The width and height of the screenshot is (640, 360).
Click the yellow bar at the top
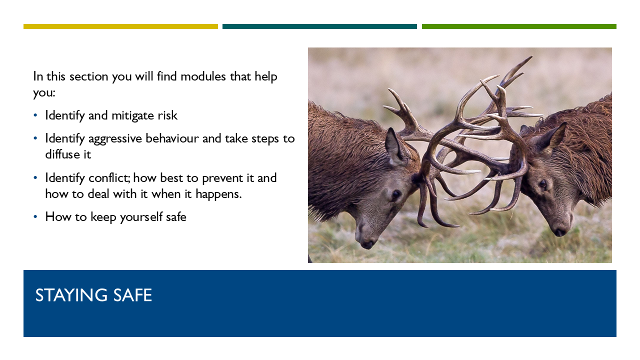[120, 26]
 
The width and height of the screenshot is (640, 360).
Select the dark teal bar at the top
[319, 26]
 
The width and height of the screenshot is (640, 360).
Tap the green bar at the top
[519, 26]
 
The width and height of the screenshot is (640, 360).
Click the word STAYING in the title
[71, 295]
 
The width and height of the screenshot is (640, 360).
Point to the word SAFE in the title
[132, 295]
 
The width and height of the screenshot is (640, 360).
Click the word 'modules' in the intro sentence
[203, 76]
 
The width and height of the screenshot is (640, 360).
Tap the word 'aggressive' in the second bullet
[115, 139]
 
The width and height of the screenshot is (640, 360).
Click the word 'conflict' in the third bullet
[109, 177]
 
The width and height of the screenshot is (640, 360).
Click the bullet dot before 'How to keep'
[35, 217]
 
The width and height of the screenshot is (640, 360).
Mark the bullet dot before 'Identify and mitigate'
[35, 115]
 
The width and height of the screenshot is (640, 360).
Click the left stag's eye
[396, 194]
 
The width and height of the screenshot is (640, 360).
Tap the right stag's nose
[559, 231]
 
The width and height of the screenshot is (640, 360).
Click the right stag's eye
[542, 183]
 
